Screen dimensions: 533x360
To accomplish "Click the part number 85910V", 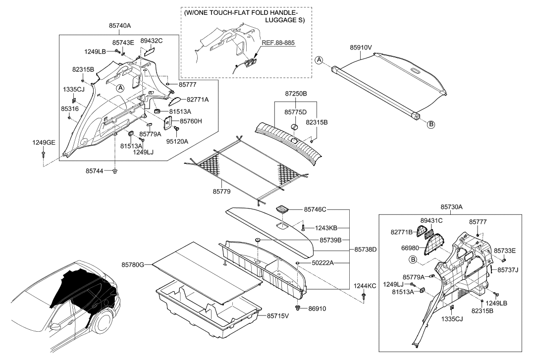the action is coord(361,48).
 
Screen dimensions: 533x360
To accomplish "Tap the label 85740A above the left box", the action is coord(120,25).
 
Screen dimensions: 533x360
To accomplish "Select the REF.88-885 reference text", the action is coord(278,43).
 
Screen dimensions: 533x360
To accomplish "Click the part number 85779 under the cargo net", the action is coord(221,192).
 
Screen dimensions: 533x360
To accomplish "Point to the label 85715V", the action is coord(278,316).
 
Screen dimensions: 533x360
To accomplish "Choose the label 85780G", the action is coord(133,264).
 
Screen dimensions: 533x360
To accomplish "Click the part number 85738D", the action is coord(366,250).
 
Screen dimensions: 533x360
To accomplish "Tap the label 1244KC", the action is coord(365,286).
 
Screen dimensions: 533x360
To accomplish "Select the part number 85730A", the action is coord(451,207).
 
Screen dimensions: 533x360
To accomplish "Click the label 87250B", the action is coord(295,94).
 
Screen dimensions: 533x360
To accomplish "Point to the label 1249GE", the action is coord(44,143).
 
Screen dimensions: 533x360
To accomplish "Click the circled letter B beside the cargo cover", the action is coord(430,124).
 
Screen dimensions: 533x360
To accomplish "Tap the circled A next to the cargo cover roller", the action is coord(319,60).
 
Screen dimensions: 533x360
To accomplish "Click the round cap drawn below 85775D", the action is coord(294,127).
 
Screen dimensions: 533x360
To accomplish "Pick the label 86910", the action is coord(317,309).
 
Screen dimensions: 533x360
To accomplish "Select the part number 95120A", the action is coord(177,142).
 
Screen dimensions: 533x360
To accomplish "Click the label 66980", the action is coord(410,248).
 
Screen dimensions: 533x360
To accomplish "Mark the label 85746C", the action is coord(315,210).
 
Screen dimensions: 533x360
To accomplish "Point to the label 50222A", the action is coord(323,263).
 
